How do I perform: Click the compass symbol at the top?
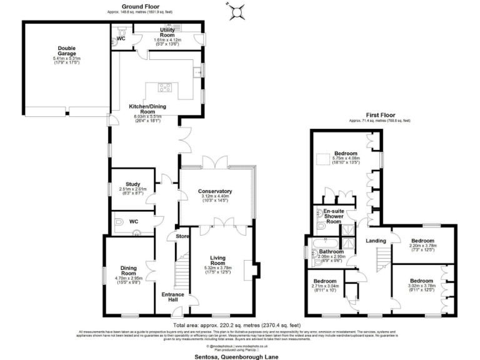237,11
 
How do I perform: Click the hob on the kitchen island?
167,88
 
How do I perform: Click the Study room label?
132,184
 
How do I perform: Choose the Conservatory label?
215,191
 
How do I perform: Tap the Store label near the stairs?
182,236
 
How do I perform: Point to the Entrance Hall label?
173,296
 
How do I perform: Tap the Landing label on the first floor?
376,240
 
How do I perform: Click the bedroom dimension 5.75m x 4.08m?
346,159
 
